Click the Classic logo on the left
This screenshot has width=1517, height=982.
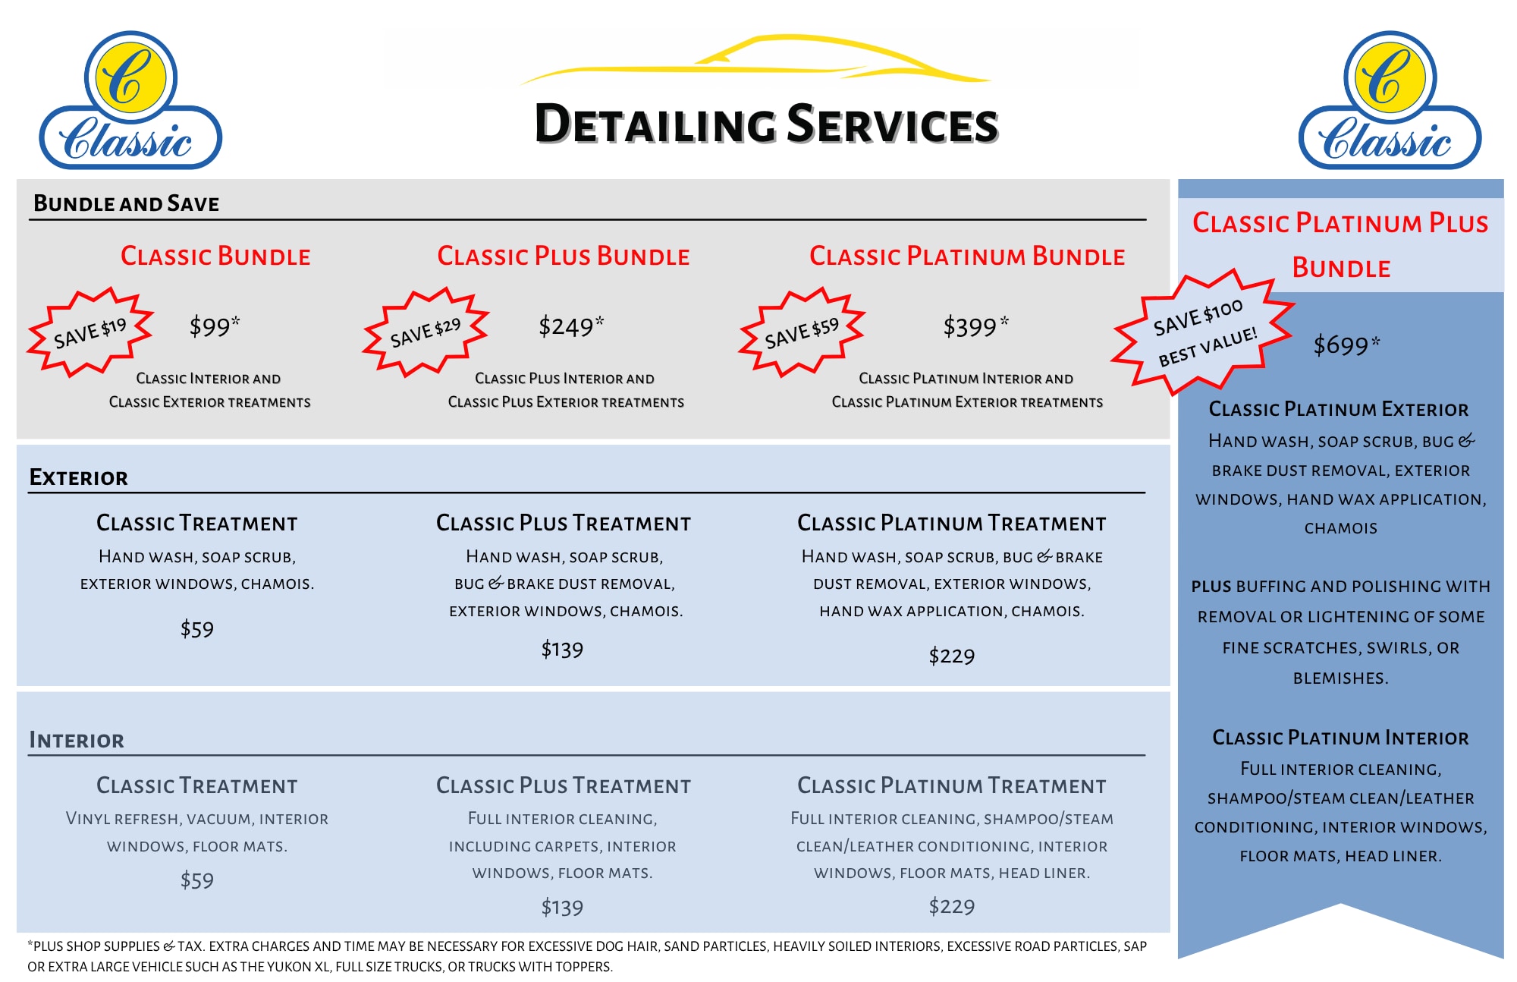[130, 100]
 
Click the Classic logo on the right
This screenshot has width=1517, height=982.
[1390, 100]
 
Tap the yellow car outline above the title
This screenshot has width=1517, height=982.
[755, 59]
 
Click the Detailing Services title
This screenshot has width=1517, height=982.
[766, 124]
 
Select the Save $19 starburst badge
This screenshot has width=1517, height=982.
[90, 332]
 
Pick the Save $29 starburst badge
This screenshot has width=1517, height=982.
[426, 332]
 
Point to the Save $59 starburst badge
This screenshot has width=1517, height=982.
[802, 332]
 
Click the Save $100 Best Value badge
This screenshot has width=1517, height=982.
[1203, 332]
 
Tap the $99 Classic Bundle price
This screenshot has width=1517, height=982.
[215, 326]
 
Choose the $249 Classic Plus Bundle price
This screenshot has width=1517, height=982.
[571, 326]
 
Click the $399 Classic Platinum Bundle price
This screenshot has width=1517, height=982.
[975, 326]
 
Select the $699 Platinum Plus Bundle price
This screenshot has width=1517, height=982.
[1346, 345]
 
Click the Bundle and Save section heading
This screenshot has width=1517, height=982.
[126, 203]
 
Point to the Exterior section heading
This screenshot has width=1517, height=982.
[78, 477]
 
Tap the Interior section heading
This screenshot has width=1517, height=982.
[77, 740]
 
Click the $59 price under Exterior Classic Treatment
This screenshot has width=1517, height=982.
[197, 629]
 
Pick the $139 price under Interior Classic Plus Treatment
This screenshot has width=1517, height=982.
[562, 907]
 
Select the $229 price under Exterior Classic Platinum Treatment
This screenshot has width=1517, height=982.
[952, 656]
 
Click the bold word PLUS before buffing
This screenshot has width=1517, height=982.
[1211, 587]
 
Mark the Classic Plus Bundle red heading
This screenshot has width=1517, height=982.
[564, 256]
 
